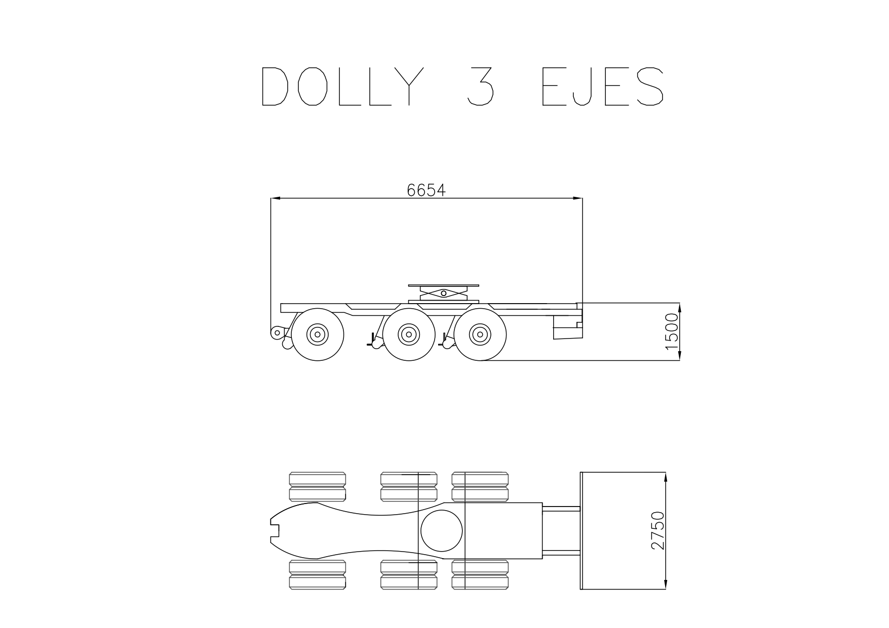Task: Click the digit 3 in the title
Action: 480,87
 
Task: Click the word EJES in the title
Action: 602,87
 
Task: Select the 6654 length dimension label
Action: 426,190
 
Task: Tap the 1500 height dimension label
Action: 672,331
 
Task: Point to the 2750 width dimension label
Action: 658,530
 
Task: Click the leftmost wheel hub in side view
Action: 318,334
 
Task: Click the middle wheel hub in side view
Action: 408,334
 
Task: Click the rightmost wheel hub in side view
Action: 480,334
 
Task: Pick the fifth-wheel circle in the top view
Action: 442,530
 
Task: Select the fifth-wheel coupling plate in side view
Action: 443,286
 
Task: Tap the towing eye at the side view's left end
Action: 277,332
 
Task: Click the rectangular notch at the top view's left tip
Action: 276,530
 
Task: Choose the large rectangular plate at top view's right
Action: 622,530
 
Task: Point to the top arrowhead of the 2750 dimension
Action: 666,476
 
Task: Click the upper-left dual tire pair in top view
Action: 318,487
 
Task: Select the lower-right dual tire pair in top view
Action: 480,574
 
